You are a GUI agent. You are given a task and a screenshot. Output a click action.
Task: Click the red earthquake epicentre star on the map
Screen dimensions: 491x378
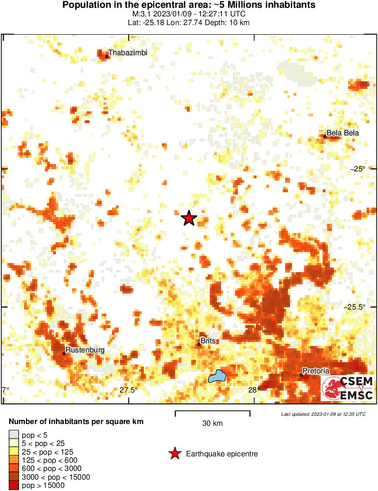(188, 218)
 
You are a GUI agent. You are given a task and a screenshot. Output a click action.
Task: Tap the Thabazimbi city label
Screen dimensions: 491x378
(127, 53)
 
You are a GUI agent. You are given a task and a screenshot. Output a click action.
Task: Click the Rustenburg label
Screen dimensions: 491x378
(85, 350)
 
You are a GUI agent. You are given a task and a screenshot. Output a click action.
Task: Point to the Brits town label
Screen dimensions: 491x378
(208, 341)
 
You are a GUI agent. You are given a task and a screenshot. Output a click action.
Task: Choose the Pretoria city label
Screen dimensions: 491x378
(316, 371)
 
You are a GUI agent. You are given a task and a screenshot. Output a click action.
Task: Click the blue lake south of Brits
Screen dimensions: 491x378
(217, 377)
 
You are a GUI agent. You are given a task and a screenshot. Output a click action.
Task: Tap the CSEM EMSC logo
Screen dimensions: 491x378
(348, 388)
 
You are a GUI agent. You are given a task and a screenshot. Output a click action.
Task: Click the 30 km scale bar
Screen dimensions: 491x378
(212, 413)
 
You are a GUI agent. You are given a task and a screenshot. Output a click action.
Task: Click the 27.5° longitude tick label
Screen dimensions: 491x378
(129, 390)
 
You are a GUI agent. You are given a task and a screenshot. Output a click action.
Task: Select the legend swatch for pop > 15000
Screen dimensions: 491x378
(14, 486)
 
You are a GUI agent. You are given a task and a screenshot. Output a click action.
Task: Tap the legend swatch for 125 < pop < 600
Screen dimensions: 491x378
(14, 460)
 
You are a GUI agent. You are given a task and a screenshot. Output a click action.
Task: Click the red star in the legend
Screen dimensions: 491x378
(174, 454)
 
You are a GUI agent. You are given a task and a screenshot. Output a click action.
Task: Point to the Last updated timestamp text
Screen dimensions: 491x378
(323, 414)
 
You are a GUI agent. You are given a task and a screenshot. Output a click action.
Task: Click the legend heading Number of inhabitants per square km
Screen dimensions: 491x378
(76, 422)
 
